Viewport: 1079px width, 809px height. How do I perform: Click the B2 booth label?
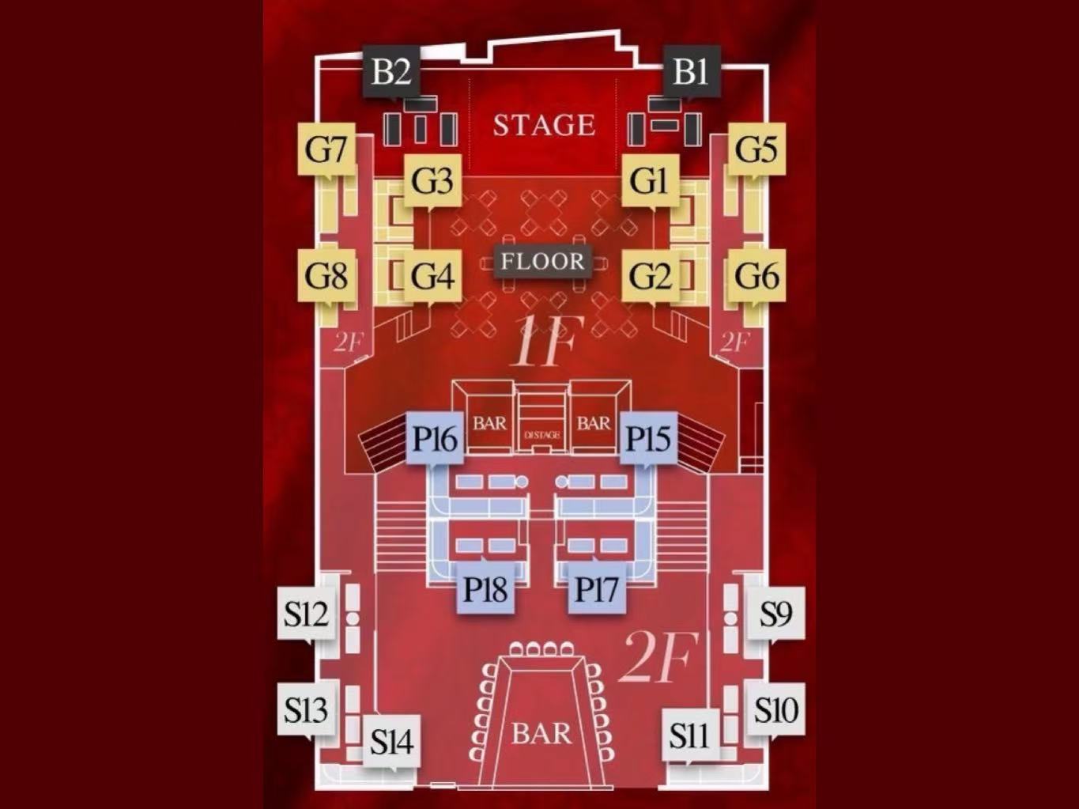[391, 71]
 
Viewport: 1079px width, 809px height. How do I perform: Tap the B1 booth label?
[691, 71]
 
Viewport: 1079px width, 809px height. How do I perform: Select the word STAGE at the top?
[544, 125]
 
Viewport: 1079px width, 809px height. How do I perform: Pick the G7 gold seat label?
[326, 149]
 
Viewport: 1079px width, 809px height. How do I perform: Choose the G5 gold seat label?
[756, 149]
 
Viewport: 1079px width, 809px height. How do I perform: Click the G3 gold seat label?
[432, 181]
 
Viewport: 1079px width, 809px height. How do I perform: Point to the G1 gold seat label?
[649, 181]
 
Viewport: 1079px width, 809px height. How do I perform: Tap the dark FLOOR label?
[542, 262]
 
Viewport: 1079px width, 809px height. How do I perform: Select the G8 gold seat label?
[326, 276]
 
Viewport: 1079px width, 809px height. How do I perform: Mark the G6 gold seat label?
[756, 276]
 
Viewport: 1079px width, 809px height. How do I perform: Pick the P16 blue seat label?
[435, 438]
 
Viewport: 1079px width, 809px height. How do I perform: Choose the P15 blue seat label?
[648, 438]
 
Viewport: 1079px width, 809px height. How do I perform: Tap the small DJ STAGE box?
[542, 435]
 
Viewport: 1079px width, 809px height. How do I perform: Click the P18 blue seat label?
[485, 588]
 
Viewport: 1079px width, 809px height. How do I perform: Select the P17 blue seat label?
[597, 588]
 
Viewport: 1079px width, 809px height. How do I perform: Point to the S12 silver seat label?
[306, 613]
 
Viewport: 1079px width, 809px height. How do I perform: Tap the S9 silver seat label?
[775, 613]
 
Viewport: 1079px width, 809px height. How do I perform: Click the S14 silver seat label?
[391, 742]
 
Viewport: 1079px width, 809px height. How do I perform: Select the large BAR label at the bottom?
[541, 733]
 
